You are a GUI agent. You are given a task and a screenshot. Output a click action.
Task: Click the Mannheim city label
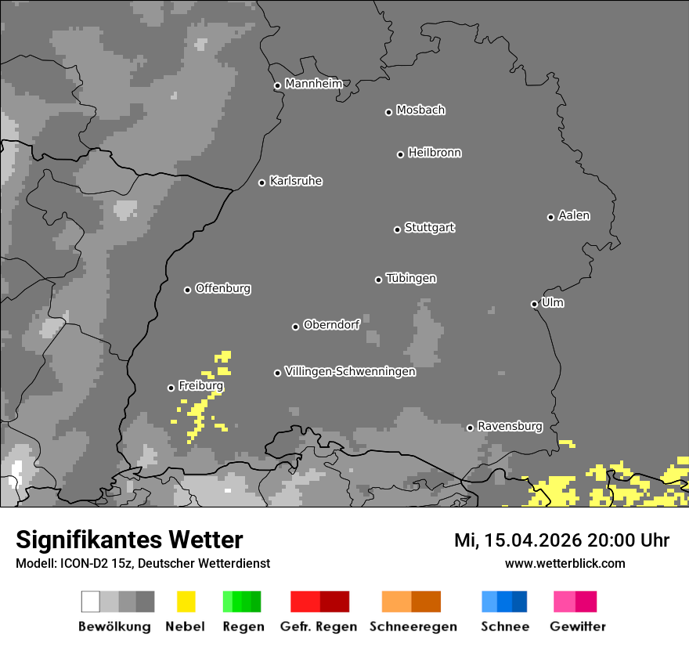(x=313, y=84)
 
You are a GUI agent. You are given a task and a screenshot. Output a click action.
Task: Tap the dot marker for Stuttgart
(x=397, y=229)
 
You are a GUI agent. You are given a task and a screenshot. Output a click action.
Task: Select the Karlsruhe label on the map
(x=295, y=181)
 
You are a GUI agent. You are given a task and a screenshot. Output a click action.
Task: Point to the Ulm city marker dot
(x=534, y=304)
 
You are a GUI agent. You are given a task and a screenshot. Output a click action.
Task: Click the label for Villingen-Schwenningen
(x=350, y=371)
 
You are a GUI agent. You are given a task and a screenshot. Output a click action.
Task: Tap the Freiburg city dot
(x=171, y=388)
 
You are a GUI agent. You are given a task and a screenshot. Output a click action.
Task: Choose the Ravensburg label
(x=510, y=426)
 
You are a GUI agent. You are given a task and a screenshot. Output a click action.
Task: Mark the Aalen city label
(x=574, y=215)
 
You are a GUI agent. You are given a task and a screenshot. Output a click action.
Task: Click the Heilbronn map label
(x=435, y=153)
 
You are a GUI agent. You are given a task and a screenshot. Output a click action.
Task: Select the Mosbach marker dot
(x=388, y=112)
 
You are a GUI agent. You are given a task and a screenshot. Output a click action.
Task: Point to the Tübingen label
(x=411, y=278)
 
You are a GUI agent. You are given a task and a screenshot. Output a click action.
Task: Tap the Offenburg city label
(x=223, y=288)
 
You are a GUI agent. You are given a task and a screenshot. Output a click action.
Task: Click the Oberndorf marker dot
(x=295, y=327)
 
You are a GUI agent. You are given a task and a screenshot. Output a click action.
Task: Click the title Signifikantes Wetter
(x=129, y=540)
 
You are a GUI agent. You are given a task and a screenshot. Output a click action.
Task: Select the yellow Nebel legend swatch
(x=186, y=601)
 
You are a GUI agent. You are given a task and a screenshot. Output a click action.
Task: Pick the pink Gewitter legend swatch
(x=565, y=601)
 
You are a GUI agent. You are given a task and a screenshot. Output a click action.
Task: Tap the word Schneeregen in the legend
(x=413, y=627)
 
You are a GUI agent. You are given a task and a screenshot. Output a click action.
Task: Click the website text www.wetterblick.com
(x=565, y=563)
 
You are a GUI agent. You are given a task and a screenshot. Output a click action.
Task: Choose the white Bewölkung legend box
(x=91, y=601)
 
